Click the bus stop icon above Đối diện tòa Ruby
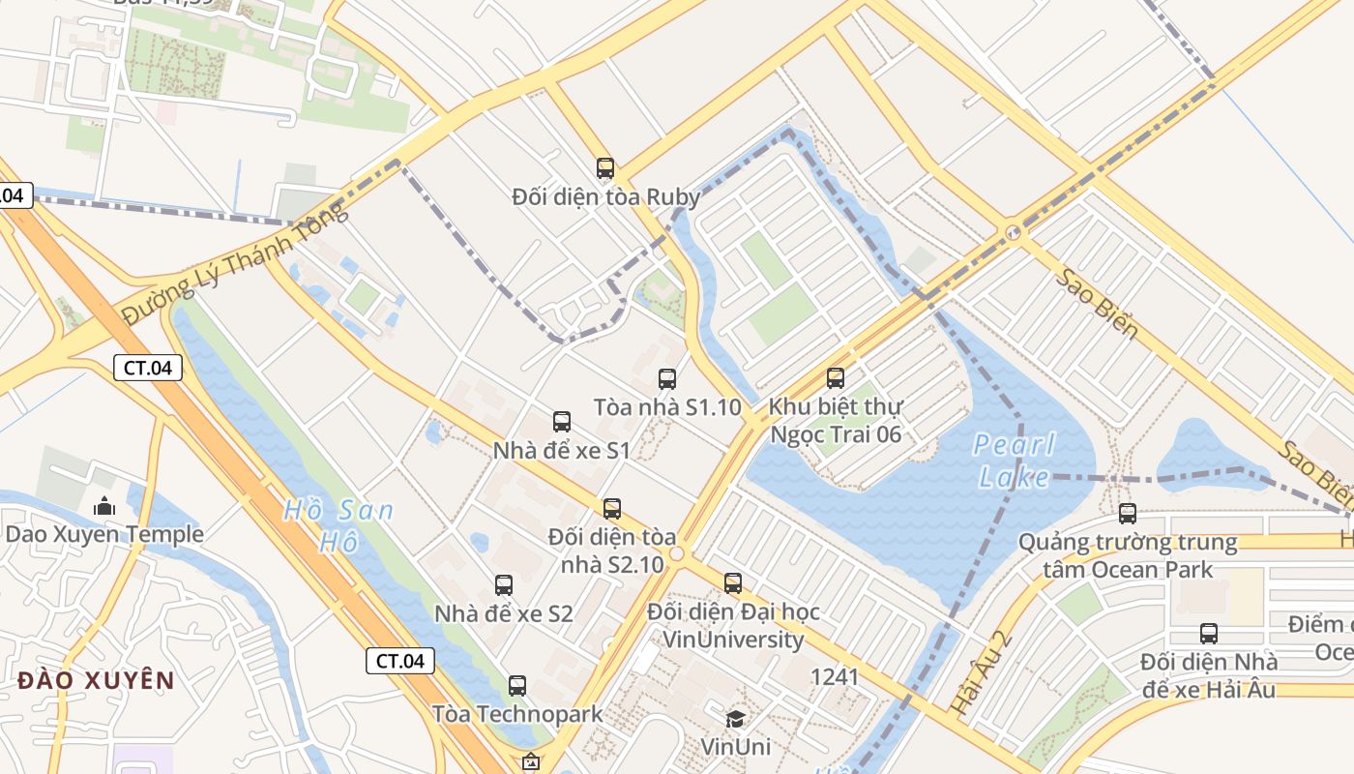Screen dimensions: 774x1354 click(605, 168)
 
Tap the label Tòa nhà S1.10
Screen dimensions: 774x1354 click(667, 407)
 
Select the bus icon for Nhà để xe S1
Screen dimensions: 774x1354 click(562, 422)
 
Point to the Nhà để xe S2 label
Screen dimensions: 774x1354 click(504, 613)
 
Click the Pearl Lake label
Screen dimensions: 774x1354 click(1014, 461)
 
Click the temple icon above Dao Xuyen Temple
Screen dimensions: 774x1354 click(103, 506)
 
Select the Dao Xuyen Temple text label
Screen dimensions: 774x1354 click(104, 534)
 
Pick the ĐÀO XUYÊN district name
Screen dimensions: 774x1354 click(96, 680)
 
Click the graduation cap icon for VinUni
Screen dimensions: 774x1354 click(736, 719)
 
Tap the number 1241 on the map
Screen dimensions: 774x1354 click(835, 677)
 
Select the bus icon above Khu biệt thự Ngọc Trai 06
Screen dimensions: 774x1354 click(836, 378)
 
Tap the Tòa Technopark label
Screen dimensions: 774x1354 click(517, 714)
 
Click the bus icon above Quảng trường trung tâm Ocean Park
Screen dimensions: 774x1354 click(1128, 514)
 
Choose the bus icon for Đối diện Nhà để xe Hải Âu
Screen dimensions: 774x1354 click(1209, 634)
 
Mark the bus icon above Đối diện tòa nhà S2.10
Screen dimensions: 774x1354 click(612, 509)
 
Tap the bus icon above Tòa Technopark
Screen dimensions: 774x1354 click(517, 686)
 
